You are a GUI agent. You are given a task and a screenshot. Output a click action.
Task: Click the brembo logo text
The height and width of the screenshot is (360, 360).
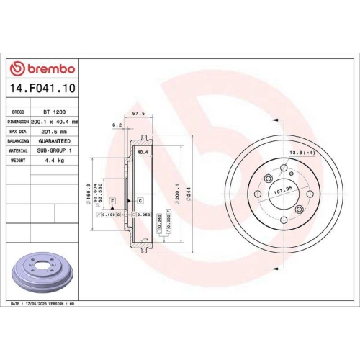[48, 69]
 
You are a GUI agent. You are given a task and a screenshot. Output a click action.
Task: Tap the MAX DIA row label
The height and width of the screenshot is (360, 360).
[18, 132]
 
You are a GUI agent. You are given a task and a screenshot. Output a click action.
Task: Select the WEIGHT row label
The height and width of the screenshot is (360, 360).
[18, 160]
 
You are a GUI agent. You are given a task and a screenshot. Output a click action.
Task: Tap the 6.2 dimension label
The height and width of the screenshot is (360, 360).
[117, 125]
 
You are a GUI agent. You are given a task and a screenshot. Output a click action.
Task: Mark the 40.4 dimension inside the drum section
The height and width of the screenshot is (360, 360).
[142, 153]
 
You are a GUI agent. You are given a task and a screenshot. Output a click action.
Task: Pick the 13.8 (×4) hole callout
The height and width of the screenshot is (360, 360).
[301, 153]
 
